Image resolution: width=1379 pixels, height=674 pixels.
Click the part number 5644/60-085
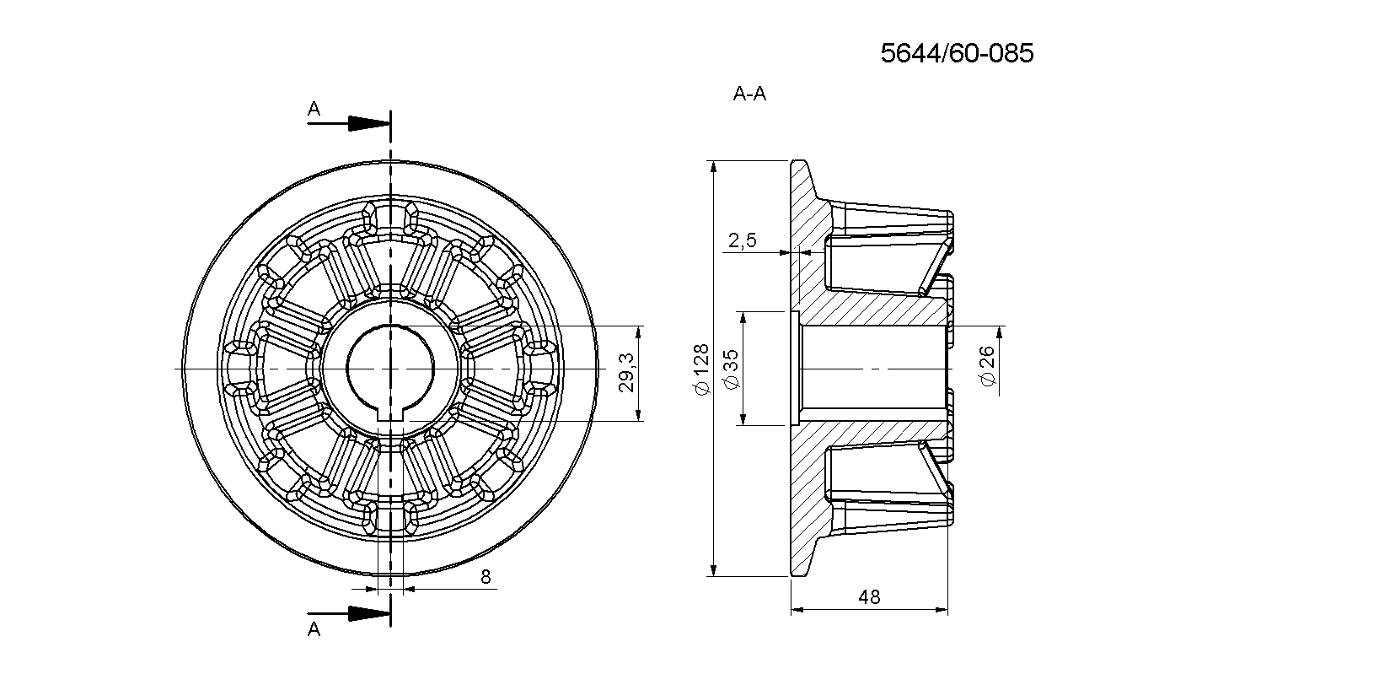(957, 54)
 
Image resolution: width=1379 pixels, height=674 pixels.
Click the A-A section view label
(749, 94)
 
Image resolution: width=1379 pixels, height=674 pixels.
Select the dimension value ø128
(702, 369)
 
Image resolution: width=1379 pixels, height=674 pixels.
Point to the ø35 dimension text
(732, 369)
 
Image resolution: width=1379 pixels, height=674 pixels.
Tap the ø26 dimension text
(987, 366)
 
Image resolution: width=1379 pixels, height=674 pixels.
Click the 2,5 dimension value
(743, 240)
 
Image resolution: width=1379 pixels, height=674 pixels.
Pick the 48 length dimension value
(869, 596)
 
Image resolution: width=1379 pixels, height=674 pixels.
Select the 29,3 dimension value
(626, 373)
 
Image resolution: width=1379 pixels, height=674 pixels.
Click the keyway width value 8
(486, 577)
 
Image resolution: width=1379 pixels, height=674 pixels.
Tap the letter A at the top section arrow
(314, 109)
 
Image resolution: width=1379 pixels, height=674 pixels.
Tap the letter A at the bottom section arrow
(314, 629)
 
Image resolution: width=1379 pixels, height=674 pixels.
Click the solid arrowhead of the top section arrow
(369, 123)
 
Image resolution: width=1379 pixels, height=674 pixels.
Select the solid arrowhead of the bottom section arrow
(369, 613)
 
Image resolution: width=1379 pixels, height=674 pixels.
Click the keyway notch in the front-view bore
(390, 415)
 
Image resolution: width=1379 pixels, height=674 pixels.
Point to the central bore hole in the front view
(390, 369)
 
